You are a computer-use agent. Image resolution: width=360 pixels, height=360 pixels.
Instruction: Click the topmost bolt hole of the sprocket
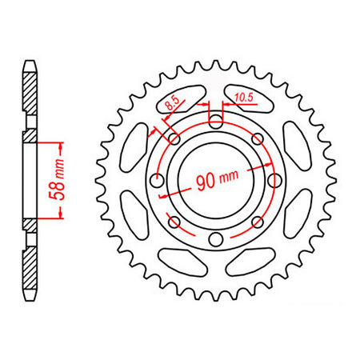tap(216, 121)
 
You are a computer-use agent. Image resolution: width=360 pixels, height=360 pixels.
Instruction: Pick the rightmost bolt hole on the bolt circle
tap(274, 179)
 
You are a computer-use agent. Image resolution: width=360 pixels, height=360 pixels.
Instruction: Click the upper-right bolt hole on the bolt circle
tap(257, 138)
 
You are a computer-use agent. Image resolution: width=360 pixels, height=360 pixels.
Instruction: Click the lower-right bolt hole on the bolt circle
tap(257, 221)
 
